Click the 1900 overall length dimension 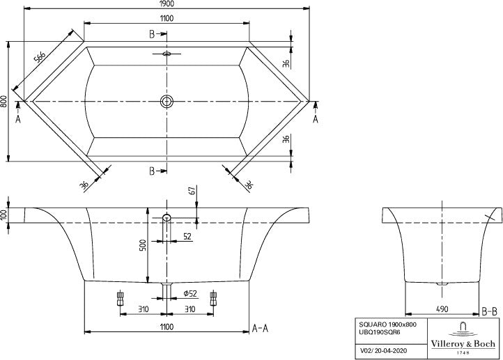tap(167, 4)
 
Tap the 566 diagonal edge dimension tap(40, 57)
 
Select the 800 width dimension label tap(3, 101)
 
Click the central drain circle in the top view tap(167, 101)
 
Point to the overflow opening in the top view tap(167, 54)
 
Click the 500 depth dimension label tap(144, 245)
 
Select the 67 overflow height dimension tap(192, 190)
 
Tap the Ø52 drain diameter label tap(190, 293)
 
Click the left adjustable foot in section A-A tap(121, 298)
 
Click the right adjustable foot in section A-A tap(213, 298)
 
